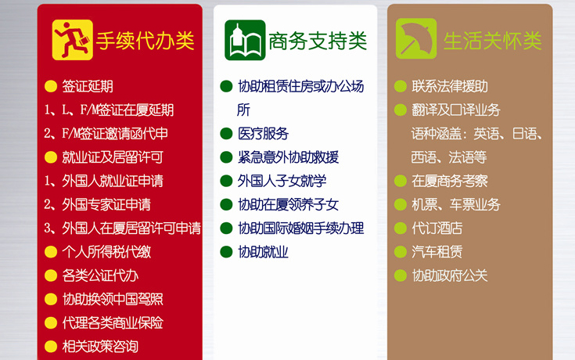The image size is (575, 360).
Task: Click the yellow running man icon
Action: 72,40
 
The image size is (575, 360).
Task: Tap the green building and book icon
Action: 245,40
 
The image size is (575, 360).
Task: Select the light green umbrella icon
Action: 416,38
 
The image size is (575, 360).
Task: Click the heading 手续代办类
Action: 145,41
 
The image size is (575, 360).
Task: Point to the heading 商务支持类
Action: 318,41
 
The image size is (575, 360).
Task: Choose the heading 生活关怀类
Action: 493,41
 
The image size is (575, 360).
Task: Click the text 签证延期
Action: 88,87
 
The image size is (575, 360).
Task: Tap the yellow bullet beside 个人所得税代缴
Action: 51,252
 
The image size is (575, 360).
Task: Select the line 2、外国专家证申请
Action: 97,205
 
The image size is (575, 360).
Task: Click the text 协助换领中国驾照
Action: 113,300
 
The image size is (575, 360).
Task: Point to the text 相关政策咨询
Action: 100,347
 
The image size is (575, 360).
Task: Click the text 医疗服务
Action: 263,134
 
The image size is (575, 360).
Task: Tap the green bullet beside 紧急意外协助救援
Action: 226,157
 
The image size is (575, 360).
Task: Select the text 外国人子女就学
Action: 282,182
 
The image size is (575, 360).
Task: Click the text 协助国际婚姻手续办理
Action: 300,229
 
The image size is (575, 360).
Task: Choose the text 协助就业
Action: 263,252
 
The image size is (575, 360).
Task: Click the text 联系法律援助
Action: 450,87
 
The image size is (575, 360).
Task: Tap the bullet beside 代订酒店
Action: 401,229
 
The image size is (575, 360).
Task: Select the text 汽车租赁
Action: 437,252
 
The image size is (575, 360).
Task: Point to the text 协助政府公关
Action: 450,276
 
